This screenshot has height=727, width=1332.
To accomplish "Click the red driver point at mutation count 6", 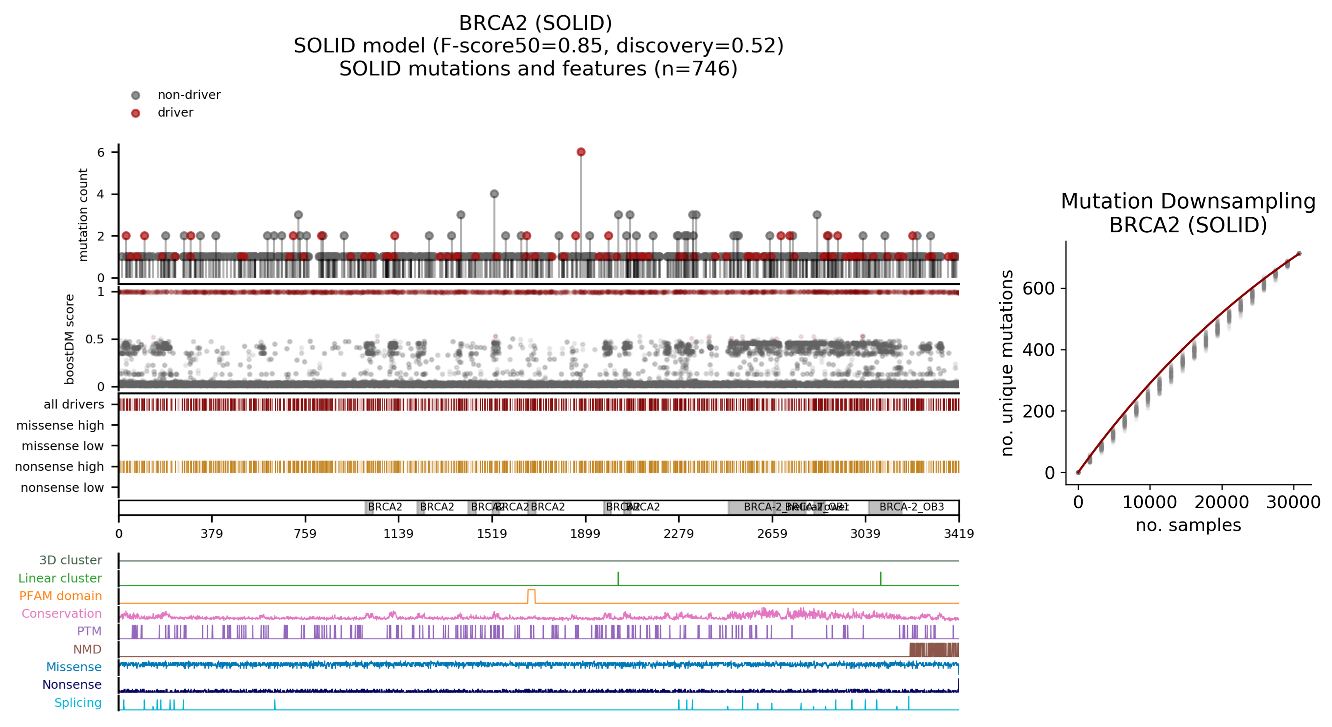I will [x=581, y=152].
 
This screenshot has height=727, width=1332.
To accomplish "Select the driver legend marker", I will [x=135, y=113].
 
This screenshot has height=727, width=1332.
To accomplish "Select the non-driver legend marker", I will [x=135, y=95].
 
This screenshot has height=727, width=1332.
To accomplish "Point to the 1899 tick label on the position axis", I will [x=585, y=534].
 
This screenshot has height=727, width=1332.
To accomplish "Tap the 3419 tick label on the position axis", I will [x=959, y=534].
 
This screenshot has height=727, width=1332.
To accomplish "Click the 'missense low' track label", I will [x=63, y=446].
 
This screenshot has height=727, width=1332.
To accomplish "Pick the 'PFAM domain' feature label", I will [x=60, y=596].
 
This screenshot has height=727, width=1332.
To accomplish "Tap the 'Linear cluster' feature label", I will [x=60, y=578].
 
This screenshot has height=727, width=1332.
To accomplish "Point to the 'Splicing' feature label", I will [x=78, y=703].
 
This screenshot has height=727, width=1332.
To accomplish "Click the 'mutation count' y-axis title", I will [x=83, y=215].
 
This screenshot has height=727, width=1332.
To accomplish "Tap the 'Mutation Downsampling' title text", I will [x=1188, y=201].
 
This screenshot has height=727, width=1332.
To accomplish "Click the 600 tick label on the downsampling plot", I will [x=1038, y=288].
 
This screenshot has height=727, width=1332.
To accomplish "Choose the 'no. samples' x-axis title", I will [x=1188, y=525].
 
